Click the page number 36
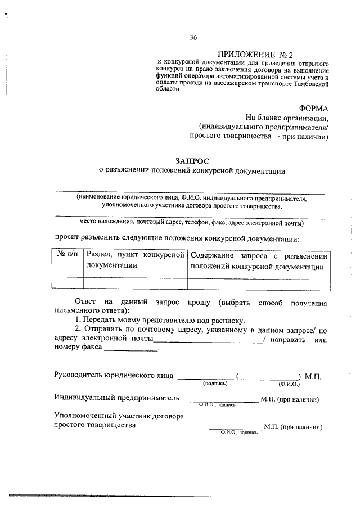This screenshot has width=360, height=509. click(x=193, y=38)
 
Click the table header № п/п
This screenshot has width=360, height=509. click(x=67, y=255)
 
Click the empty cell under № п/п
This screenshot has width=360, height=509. click(x=67, y=282)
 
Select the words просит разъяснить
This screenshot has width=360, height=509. click(x=89, y=238)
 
